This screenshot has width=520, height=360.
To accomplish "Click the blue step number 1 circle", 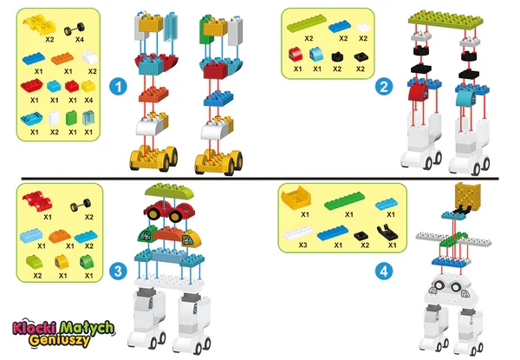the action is point(118,87).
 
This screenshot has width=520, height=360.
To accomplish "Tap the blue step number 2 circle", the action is point(384,87).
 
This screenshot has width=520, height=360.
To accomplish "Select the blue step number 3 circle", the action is point(118,271).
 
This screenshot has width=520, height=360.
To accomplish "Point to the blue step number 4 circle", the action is point(384,272).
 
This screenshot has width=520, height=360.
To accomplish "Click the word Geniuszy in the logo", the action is point(59,340).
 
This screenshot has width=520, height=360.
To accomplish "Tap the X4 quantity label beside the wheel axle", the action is point(79,40).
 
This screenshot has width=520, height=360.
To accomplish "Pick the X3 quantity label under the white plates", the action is point(302,245).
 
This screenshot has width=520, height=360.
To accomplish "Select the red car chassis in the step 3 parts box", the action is point(37,201).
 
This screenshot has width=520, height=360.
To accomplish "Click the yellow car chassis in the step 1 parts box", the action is point(39,24).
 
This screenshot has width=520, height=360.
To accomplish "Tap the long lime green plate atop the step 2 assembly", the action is point(445,20).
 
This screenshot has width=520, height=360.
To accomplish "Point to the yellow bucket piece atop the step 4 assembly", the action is point(467,196).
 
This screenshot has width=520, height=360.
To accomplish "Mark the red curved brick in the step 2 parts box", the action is point(296,55).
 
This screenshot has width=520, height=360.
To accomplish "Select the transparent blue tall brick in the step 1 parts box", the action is point(88,119).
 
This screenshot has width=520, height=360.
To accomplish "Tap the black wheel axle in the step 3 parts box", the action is point(81,205).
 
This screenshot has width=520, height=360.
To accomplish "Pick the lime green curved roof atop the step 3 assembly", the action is point(169,191).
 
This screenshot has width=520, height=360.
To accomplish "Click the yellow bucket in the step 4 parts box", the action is point(296,198).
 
